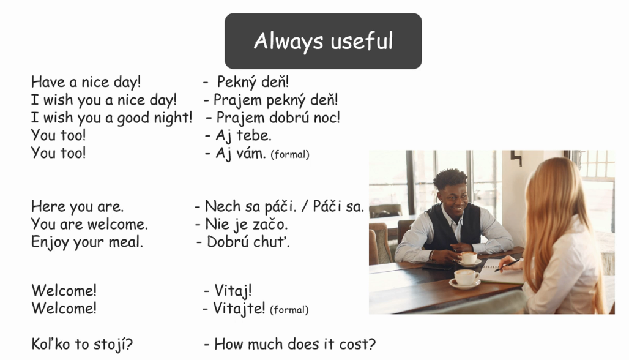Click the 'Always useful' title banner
pos(323,41)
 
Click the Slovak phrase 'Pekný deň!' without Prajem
pos(253,82)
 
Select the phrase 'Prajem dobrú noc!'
pos(278,118)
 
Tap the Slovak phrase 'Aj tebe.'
pos(244,136)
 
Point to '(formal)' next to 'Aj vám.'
pos(290,154)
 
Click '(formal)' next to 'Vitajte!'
pos(289,310)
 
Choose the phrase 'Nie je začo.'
pos(247,224)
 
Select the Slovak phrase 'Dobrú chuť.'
pos(248,242)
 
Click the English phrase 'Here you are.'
pos(78,207)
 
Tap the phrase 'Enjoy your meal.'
pos(87,242)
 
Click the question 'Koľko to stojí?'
pos(82,344)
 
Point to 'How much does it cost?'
pos(295,344)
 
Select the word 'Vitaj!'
pos(233,291)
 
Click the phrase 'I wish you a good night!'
pos(112,118)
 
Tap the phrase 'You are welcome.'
pos(89,224)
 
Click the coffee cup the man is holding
pos(468,258)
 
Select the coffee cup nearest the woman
pos(466,277)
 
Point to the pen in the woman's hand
pos(507,265)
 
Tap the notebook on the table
pos(501,273)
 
